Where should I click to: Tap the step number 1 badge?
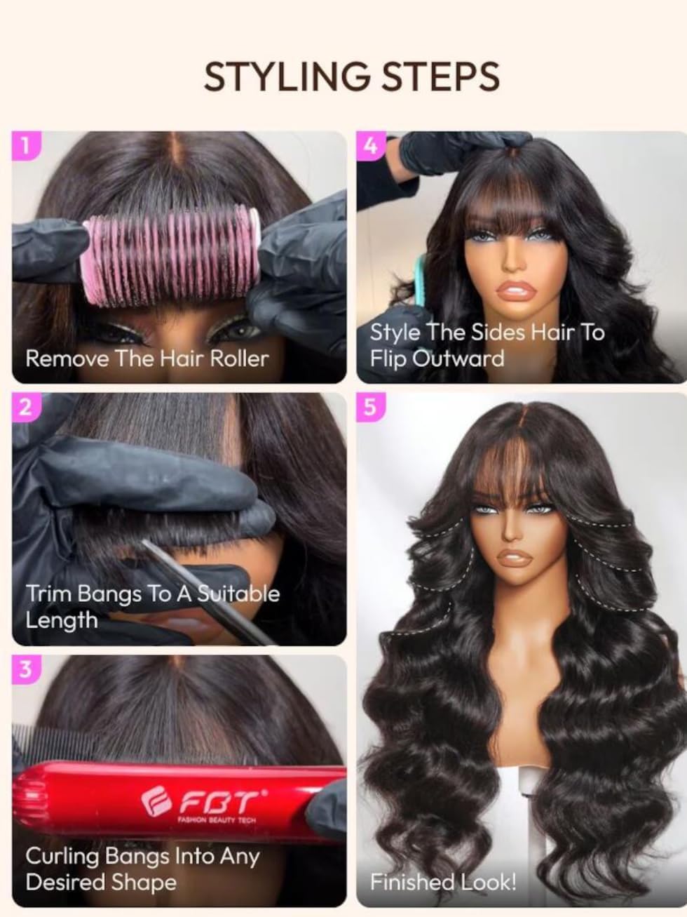click(x=25, y=147)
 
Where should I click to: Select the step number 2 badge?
click(x=25, y=408)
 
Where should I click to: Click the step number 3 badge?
click(x=25, y=669)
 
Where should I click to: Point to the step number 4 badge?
click(x=372, y=146)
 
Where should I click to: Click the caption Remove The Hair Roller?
click(x=147, y=359)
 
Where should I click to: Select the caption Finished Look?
click(x=443, y=882)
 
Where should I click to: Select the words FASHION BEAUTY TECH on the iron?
click(x=217, y=819)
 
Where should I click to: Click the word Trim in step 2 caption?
click(x=49, y=594)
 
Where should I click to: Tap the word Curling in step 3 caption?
click(x=62, y=856)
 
